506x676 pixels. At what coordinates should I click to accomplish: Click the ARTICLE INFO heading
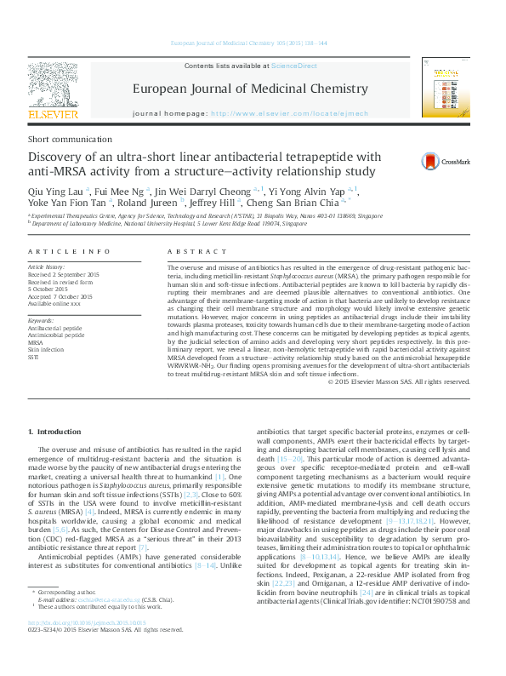(69, 252)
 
